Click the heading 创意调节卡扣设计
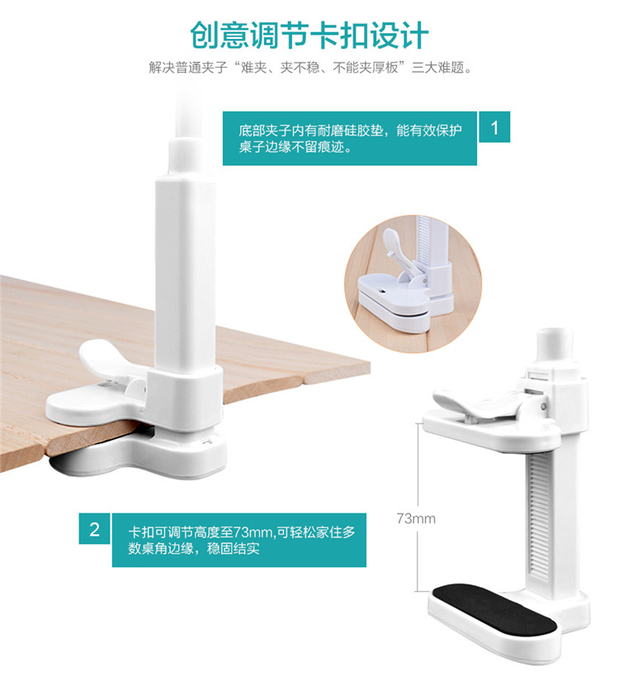(309, 35)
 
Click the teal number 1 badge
(494, 127)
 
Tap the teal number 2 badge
(94, 528)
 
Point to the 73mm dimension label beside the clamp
(416, 518)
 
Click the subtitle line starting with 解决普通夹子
(310, 68)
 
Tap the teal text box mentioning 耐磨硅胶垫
(350, 139)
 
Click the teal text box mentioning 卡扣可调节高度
(239, 540)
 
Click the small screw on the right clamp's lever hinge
(544, 406)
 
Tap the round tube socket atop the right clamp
(555, 345)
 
